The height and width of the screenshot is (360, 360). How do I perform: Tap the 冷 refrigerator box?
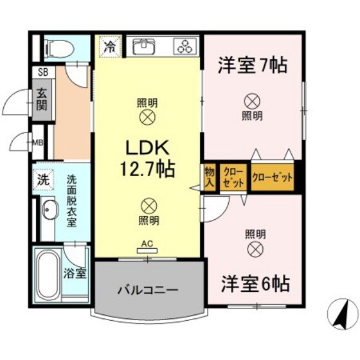(111, 47)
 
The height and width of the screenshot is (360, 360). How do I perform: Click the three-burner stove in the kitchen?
(187, 46)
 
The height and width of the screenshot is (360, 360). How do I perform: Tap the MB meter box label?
(39, 142)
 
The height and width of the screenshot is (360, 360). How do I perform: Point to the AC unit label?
(148, 245)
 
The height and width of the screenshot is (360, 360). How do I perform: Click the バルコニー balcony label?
(147, 289)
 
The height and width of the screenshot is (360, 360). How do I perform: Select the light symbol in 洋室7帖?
(252, 101)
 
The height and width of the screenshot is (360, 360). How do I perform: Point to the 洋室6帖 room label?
(255, 283)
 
